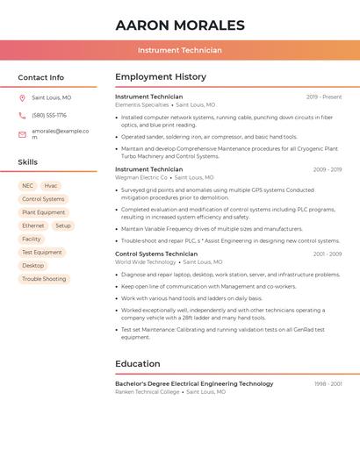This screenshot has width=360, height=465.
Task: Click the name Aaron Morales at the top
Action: [x=180, y=25]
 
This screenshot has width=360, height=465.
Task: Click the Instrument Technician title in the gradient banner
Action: [x=180, y=50]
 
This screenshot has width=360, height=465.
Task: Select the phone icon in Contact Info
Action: [x=23, y=115]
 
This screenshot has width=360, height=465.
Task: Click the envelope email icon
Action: [x=23, y=133]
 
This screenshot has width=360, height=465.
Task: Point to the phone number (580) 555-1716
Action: [x=49, y=115]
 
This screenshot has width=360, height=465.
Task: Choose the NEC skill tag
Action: [x=28, y=186]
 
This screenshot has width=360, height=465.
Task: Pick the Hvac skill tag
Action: [x=51, y=186]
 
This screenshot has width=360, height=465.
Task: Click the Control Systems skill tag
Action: [x=43, y=199]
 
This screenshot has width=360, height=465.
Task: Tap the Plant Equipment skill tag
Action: [x=44, y=212]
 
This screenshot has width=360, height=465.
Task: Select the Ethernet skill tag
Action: [x=33, y=225]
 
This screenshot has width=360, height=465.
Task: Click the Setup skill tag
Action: [x=63, y=225]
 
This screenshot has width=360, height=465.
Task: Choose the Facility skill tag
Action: [x=32, y=239]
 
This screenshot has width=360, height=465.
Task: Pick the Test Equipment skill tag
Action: [x=42, y=252]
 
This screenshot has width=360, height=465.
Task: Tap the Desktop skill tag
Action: [x=33, y=265]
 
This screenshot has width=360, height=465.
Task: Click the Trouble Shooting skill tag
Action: [x=44, y=279]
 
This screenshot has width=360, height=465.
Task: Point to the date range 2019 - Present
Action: [x=324, y=97]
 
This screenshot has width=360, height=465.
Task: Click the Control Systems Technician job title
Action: [x=156, y=254]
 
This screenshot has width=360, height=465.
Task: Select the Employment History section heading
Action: [x=161, y=77]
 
